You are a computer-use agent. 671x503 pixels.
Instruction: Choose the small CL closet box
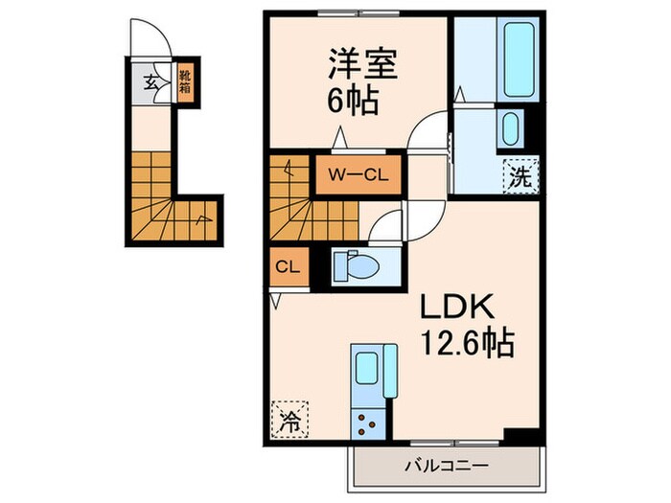click(x=287, y=266)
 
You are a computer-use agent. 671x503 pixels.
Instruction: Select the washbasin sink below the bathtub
click(x=511, y=128)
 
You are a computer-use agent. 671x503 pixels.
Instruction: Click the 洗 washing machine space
click(x=520, y=176)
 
